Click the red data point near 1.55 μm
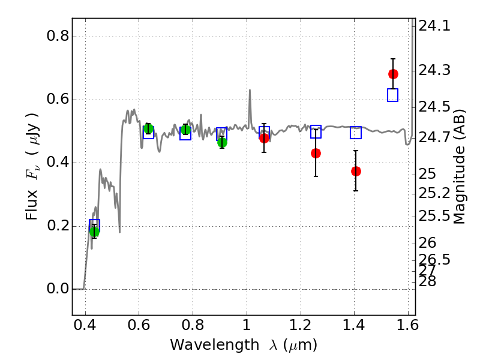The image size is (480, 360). tap(393, 74)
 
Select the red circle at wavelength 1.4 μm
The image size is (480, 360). tap(356, 171)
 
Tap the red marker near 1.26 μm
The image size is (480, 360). tap(316, 154)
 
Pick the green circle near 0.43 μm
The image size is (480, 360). tap(94, 232)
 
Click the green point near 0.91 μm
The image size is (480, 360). tap(222, 142)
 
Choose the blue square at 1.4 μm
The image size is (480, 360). tap(356, 133)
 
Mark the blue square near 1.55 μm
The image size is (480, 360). tap(393, 95)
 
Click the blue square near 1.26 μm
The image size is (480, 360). tap(316, 131)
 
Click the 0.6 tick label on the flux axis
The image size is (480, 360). tap(58, 99)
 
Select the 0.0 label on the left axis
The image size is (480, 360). tap(58, 289)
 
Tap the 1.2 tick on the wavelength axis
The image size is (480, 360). tap(301, 325)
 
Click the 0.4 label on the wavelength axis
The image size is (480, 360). tap(85, 325)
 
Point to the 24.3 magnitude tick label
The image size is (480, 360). tap(434, 70)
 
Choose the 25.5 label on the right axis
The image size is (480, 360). tap(434, 216)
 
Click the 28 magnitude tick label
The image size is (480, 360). tap(427, 281)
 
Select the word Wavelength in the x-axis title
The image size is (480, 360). tap(215, 345)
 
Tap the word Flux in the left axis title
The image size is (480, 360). tap(32, 205)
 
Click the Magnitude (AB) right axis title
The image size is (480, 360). tap(459, 167)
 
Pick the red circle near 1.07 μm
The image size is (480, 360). tap(264, 139)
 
